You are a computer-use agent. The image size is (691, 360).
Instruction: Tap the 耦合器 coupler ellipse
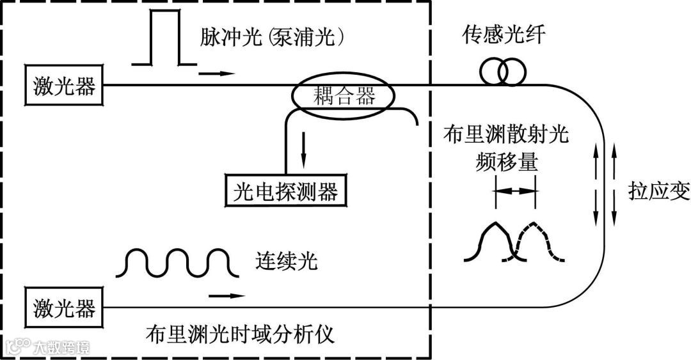click(x=344, y=97)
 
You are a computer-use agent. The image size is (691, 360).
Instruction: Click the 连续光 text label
click(x=285, y=261)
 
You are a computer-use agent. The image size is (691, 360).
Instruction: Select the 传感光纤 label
click(x=505, y=36)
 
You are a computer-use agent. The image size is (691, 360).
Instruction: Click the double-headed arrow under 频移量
click(x=515, y=191)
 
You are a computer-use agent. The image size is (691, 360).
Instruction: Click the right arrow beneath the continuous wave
click(x=227, y=295)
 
